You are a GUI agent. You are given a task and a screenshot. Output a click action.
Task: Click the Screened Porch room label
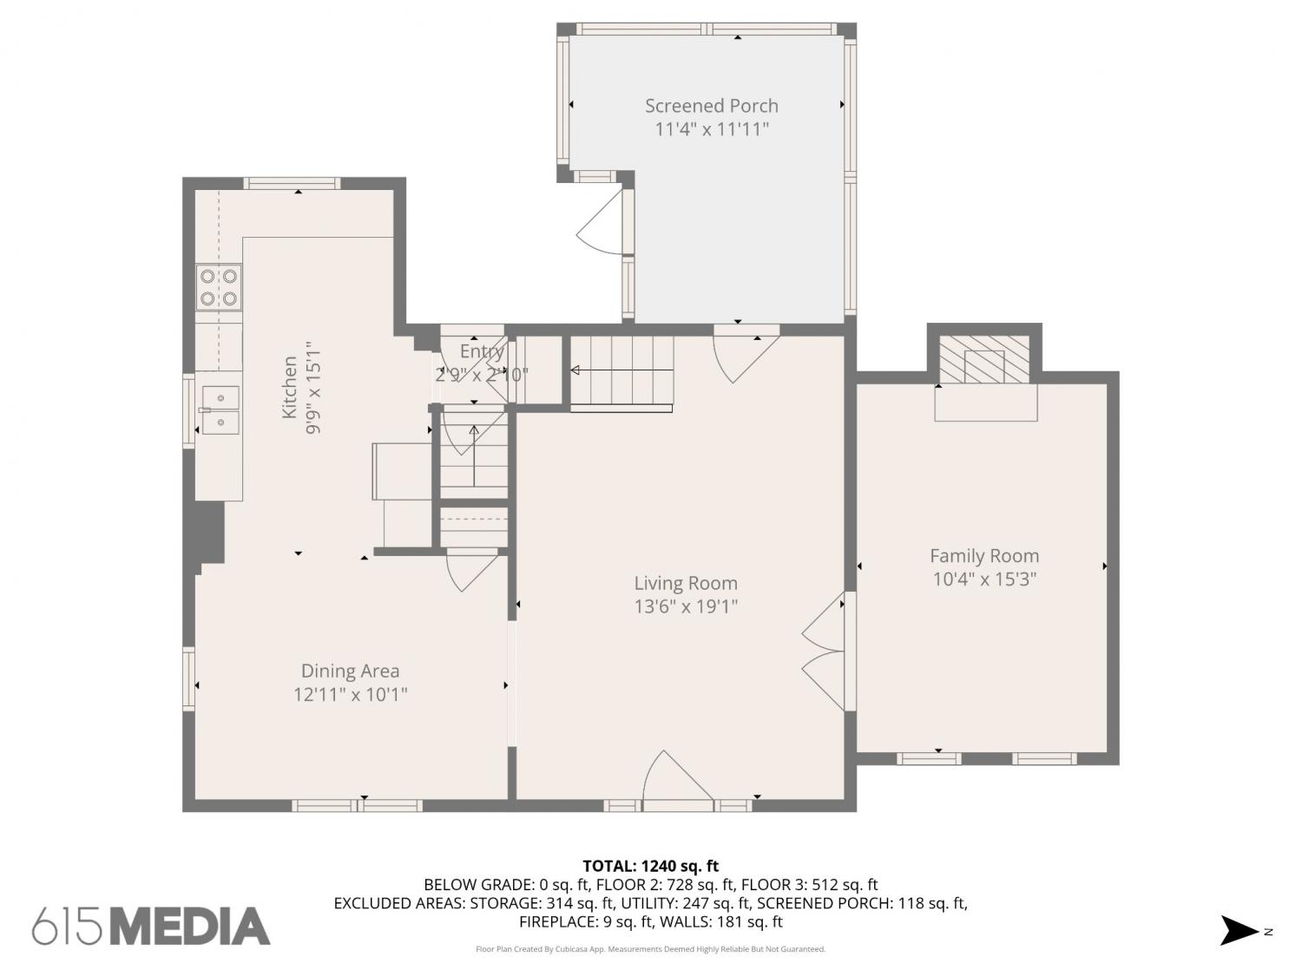coord(711,106)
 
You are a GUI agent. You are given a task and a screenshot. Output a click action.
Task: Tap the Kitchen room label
coord(289,387)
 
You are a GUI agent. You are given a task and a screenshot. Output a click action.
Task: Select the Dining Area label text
coord(350,671)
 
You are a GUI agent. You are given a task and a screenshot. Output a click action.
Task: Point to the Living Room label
coord(686,583)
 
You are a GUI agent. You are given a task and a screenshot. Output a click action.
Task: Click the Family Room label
coord(984,556)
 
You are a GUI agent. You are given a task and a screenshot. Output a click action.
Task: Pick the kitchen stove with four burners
coord(219,287)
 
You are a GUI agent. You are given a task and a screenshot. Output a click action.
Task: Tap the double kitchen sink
coord(220,410)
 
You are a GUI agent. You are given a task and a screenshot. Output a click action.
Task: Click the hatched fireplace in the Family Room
coord(984,359)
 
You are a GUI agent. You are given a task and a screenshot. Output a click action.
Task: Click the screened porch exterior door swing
coord(599,224)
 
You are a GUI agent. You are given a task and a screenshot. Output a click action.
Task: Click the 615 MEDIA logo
coord(151,927)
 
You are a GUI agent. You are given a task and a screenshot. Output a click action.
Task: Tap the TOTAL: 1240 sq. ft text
coord(651,866)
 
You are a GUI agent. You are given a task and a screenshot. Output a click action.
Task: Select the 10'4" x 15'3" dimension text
coord(984,579)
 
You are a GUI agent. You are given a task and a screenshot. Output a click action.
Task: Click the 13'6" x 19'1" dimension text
coord(686,606)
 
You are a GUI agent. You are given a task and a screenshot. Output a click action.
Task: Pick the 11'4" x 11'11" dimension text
coord(711,129)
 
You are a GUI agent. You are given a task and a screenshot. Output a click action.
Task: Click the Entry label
coord(482,351)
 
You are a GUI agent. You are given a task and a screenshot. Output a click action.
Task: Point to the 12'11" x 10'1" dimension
coord(350,694)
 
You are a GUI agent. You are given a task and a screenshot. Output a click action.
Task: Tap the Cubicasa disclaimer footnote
coord(651,949)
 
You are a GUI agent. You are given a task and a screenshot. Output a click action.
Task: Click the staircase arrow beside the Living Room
coord(621,370)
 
